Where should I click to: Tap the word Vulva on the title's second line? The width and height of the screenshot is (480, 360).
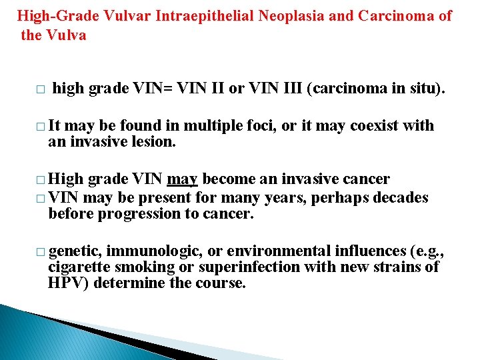[x=65, y=35]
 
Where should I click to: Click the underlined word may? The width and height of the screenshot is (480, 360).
[x=182, y=179]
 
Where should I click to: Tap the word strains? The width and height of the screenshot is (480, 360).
[x=399, y=267]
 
